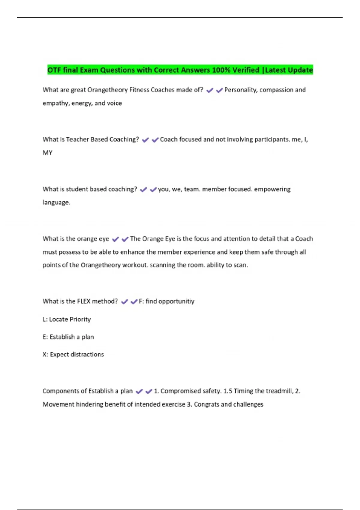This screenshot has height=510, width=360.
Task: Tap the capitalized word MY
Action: click(47, 153)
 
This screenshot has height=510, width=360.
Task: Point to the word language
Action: click(56, 202)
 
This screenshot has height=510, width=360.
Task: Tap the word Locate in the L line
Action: click(58, 319)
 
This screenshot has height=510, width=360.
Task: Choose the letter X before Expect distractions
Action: click(45, 355)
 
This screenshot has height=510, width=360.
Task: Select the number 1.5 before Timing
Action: click(228, 391)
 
